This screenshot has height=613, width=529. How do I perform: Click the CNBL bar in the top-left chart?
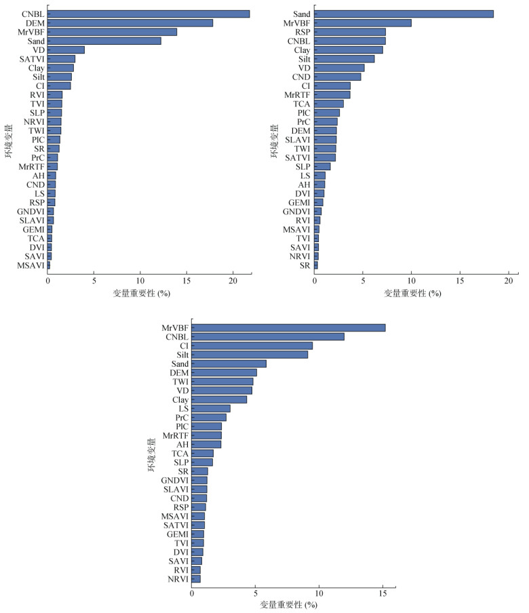(x=149, y=14)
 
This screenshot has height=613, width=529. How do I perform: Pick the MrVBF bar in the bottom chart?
(x=288, y=328)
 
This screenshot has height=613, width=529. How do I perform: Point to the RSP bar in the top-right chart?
(x=350, y=32)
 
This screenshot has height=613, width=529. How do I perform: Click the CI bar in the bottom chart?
(x=252, y=345)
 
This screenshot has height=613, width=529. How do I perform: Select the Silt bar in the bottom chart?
(x=250, y=354)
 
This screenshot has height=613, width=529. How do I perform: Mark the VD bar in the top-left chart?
(x=66, y=50)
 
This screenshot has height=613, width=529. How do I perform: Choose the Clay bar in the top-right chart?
(x=349, y=50)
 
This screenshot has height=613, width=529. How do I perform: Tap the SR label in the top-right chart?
(x=305, y=265)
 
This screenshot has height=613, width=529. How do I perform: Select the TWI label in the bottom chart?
(x=180, y=382)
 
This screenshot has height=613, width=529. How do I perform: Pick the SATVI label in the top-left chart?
(x=32, y=59)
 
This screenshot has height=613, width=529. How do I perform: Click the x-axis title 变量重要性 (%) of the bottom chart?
(x=288, y=604)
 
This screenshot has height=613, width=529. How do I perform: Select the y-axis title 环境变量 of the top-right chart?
(x=274, y=141)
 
